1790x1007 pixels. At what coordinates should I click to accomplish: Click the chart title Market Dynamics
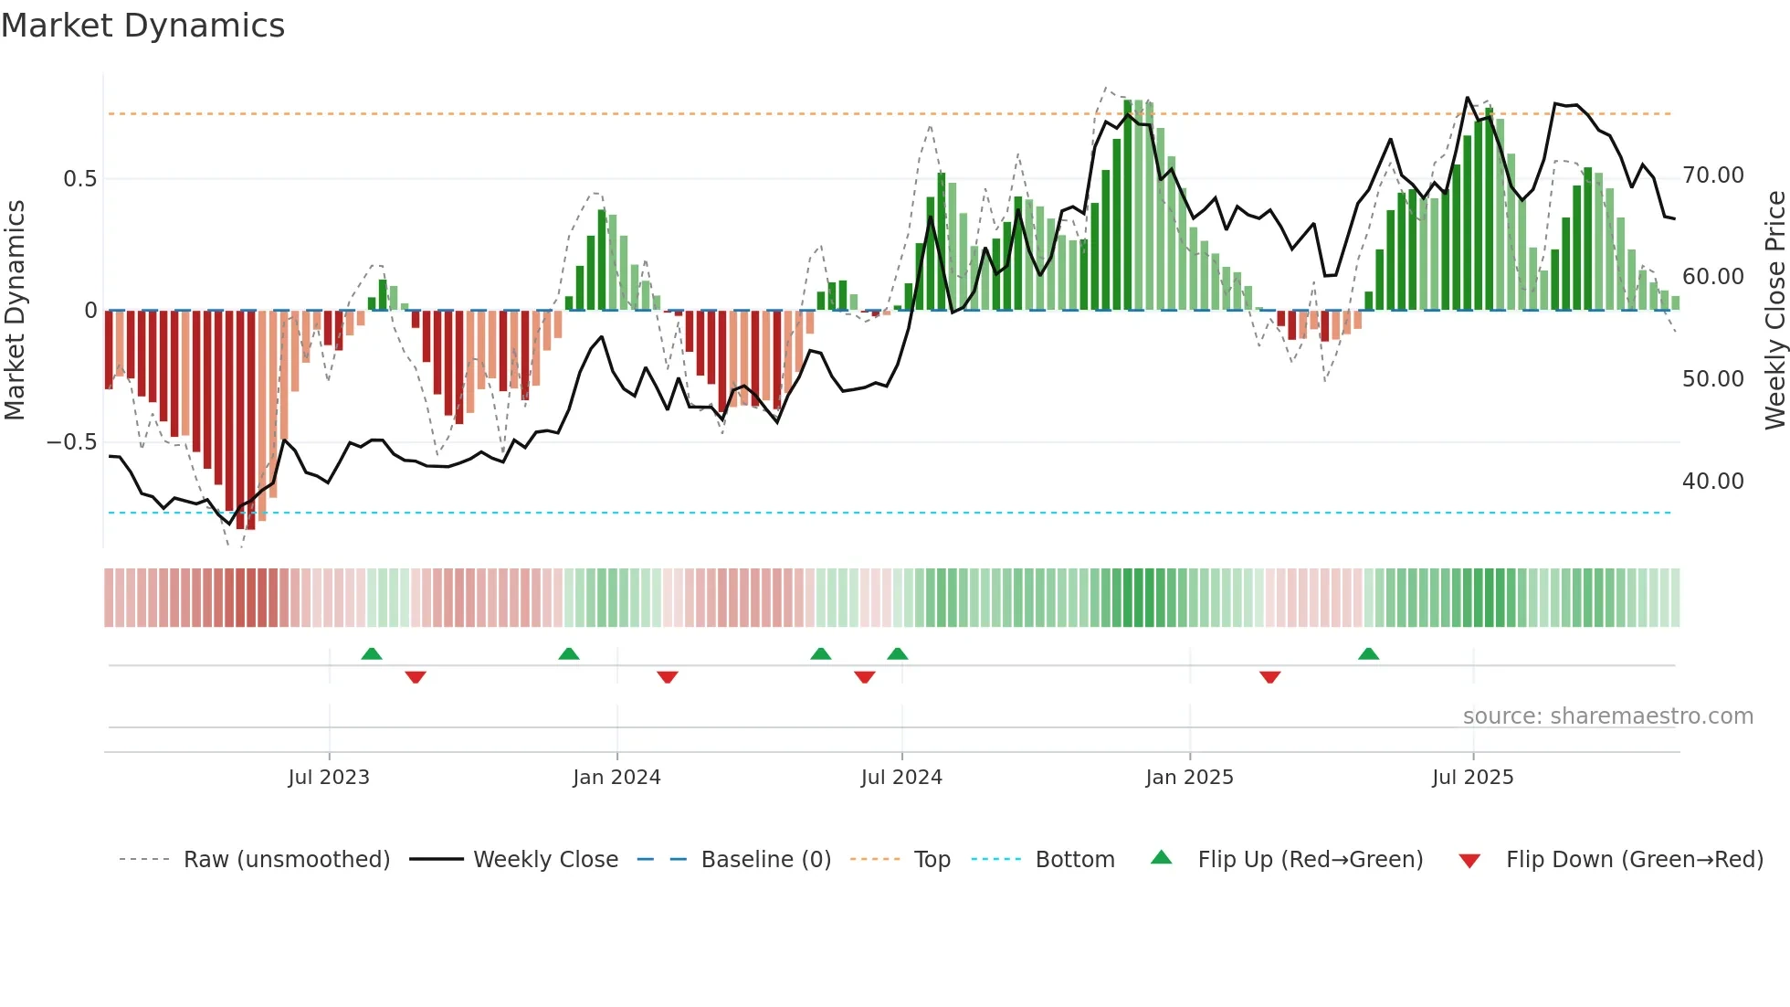click(x=143, y=26)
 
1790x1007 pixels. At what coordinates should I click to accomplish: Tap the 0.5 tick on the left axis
click(x=79, y=179)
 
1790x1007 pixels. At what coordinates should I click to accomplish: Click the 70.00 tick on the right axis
click(x=1712, y=175)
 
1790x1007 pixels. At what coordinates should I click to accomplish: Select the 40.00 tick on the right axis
click(x=1712, y=482)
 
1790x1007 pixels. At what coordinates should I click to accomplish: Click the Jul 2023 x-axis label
click(x=329, y=778)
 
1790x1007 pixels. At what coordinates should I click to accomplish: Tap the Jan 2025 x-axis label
click(x=1189, y=778)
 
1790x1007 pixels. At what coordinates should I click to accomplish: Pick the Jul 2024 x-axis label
click(x=901, y=778)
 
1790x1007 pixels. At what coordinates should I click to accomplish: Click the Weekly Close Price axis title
click(x=1774, y=311)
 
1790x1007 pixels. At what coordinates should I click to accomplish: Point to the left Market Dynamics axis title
click(x=15, y=311)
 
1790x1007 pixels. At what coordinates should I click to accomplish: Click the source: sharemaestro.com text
click(x=1607, y=716)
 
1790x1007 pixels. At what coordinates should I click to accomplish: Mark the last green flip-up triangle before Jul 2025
click(x=1368, y=653)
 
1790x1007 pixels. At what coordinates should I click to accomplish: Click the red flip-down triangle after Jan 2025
click(x=1269, y=677)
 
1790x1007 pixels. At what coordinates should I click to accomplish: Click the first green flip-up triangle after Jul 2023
click(x=372, y=653)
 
